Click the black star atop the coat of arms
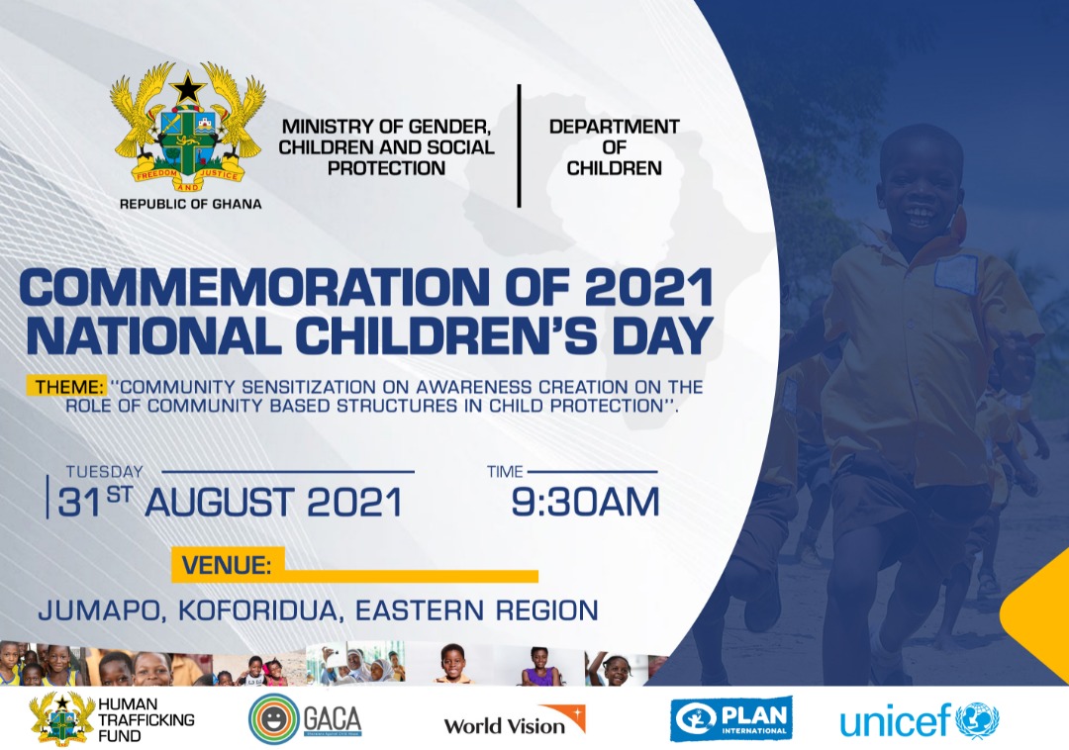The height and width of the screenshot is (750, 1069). tap(188, 90)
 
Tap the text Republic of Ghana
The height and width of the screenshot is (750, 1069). tap(190, 204)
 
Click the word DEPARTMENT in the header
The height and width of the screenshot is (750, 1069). tap(614, 127)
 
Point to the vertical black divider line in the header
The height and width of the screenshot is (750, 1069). tap(519, 145)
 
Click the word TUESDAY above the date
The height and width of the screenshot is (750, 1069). tap(104, 472)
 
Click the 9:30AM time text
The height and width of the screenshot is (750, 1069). tap(585, 503)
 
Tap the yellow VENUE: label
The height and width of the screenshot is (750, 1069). tap(227, 566)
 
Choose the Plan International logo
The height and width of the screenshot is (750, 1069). tap(730, 718)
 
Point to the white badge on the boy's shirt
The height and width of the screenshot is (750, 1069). tap(955, 274)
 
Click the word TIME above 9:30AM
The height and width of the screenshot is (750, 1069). tap(505, 472)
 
